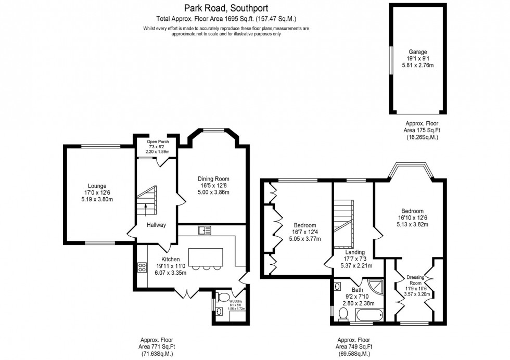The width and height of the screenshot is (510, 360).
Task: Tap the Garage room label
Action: coord(417,52)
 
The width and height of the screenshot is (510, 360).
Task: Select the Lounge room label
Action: coord(97,186)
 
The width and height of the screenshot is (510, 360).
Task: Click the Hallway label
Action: coord(156,225)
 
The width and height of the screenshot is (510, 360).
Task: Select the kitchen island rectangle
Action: coord(205,257)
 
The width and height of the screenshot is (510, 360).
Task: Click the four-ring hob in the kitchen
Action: coord(142,267)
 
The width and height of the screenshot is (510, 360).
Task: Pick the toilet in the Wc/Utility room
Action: coord(223,297)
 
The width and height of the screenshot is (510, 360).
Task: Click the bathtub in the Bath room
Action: coord(369,314)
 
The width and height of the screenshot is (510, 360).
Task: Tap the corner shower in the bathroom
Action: coord(374,287)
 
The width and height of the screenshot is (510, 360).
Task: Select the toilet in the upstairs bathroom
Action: coord(343,314)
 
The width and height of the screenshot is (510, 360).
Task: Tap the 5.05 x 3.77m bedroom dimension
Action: coord(304,239)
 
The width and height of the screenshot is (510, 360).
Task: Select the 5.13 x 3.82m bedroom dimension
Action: coord(411,225)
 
